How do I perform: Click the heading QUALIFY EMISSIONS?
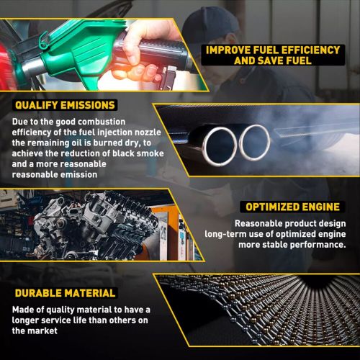click(x=65, y=105)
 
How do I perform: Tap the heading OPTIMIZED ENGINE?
click(x=292, y=207)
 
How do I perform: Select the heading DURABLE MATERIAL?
click(x=65, y=293)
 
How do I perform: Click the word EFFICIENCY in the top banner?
click(x=310, y=50)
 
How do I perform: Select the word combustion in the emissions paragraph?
click(x=102, y=122)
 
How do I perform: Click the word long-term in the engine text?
click(x=225, y=234)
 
